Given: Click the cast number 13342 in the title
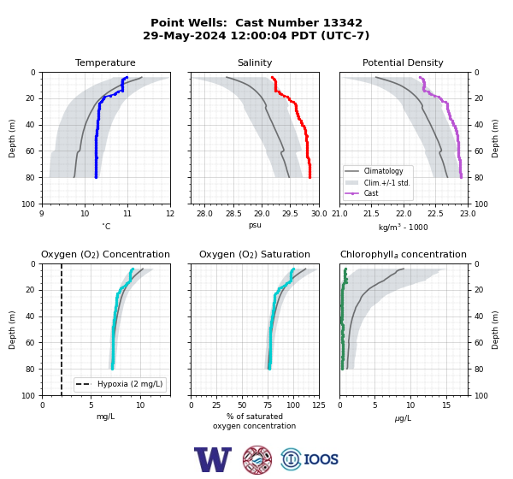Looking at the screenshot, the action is [343, 23].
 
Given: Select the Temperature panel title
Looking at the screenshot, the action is [105, 62].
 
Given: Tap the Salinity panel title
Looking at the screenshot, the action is [255, 62].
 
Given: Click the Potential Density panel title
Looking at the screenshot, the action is [403, 62].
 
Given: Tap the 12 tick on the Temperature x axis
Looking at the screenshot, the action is [170, 214].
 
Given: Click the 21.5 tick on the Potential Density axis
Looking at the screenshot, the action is [371, 214].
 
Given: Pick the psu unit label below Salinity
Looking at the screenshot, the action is [255, 225].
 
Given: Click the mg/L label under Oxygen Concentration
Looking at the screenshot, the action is [106, 417].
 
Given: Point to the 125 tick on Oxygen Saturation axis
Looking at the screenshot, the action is [319, 405].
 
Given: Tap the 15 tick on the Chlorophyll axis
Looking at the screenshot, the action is [446, 405].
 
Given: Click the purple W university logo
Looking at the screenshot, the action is [213, 459].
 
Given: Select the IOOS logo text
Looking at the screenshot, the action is [321, 459].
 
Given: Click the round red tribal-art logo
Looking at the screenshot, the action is [257, 459].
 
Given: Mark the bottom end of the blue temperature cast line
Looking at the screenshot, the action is [96, 177].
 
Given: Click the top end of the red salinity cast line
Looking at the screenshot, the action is [272, 77].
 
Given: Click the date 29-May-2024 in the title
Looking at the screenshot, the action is [184, 35].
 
